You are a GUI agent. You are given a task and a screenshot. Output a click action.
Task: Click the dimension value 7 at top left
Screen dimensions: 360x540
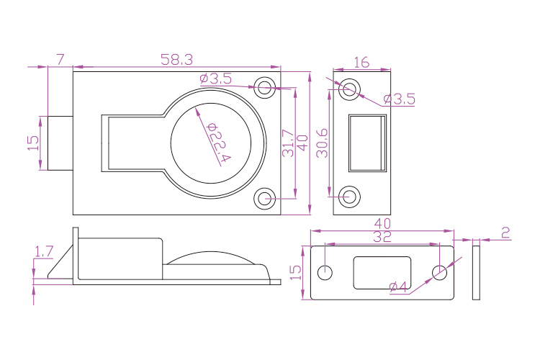(60, 58)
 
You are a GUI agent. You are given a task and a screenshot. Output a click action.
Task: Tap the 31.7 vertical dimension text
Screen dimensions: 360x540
(288, 143)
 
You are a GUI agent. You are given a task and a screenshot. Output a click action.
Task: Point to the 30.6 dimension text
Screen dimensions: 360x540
(323, 143)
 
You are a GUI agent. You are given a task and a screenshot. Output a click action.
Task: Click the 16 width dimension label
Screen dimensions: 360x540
(361, 63)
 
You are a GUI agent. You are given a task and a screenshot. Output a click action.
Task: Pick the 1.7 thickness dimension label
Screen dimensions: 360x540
(44, 251)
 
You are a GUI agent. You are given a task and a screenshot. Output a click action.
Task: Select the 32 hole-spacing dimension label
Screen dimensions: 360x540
(382, 236)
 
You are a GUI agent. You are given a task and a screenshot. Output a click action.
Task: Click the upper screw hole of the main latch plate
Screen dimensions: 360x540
(265, 89)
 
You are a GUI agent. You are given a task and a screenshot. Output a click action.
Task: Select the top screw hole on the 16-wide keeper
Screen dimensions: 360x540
(350, 88)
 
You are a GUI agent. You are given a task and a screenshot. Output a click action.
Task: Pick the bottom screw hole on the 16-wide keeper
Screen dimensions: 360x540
(350, 195)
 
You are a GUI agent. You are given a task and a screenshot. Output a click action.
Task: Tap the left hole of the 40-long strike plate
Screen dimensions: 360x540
(325, 273)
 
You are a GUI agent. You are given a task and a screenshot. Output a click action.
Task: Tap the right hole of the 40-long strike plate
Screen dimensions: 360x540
(440, 273)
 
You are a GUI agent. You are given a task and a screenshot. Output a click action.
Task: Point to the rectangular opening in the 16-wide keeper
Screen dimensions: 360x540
(367, 143)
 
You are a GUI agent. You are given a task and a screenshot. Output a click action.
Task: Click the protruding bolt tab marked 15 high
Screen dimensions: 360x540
(60, 143)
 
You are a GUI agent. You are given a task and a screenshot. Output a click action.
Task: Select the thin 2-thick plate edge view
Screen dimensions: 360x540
(476, 272)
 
